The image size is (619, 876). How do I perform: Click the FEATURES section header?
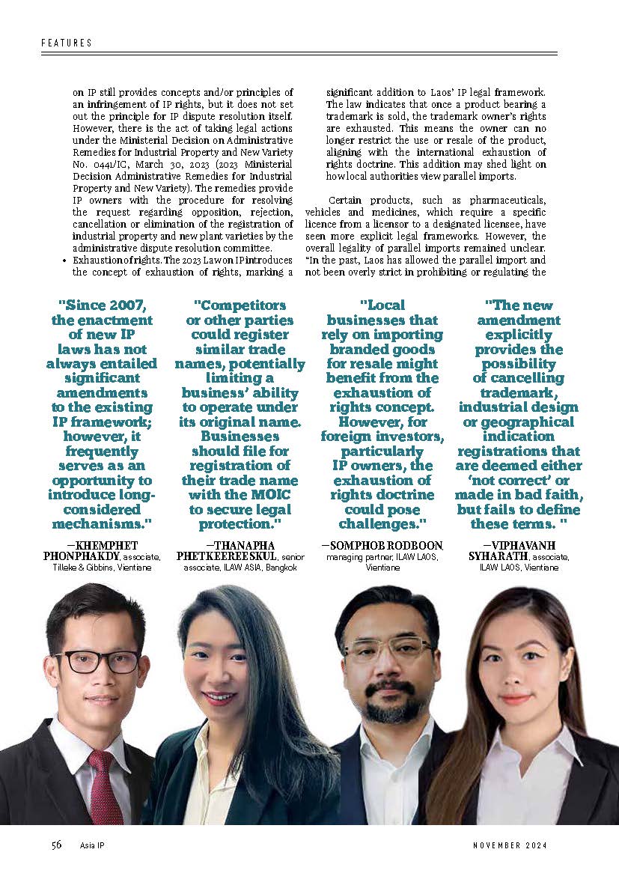67,43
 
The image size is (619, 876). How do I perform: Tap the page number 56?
57,845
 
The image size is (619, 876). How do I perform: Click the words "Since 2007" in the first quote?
105,305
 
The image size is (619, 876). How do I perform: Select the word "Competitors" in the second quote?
240,305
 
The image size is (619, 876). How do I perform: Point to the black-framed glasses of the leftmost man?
97,661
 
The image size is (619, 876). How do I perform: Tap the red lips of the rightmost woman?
515,699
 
